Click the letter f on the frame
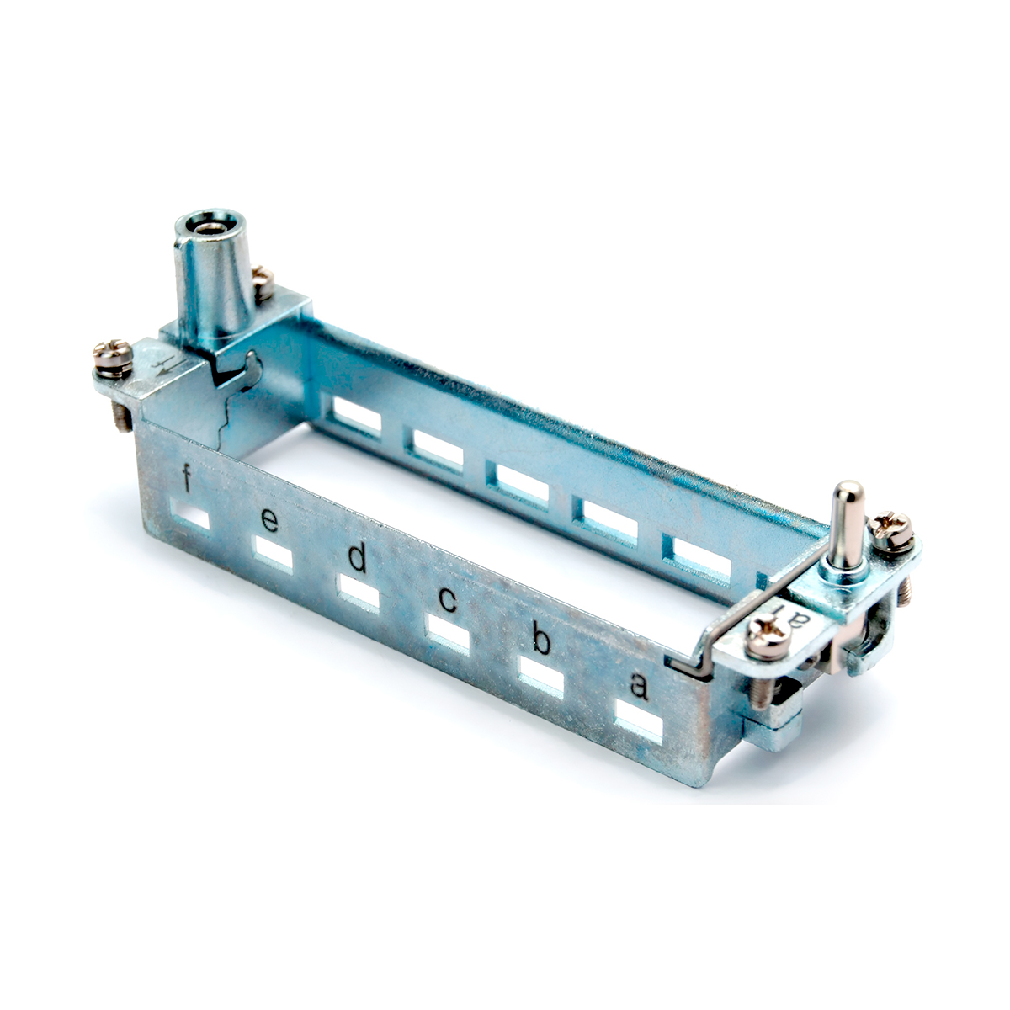(185, 478)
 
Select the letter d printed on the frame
(358, 558)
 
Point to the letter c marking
(448, 601)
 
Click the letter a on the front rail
(639, 687)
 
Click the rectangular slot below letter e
(272, 552)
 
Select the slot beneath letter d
(359, 593)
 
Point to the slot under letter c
(448, 635)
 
